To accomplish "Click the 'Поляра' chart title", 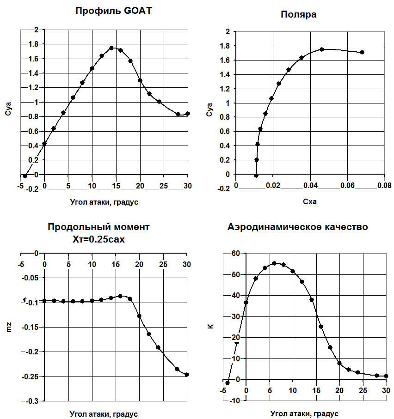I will [x=298, y=14].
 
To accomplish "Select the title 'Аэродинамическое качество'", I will [x=298, y=227].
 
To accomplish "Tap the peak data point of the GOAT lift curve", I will [x=111, y=48].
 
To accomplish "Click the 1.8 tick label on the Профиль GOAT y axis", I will [x=33, y=44].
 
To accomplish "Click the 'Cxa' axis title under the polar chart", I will [x=309, y=201].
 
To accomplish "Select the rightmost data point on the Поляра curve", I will [x=362, y=52].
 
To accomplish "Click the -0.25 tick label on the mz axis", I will [x=31, y=376].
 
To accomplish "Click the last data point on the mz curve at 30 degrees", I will [x=187, y=375].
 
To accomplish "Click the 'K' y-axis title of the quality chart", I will [x=210, y=326].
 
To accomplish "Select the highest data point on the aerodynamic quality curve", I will [x=274, y=263].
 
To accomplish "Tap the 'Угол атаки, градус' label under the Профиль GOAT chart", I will [x=104, y=201].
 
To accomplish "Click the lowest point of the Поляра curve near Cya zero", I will [x=256, y=176].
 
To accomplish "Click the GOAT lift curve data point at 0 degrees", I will [x=44, y=144].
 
